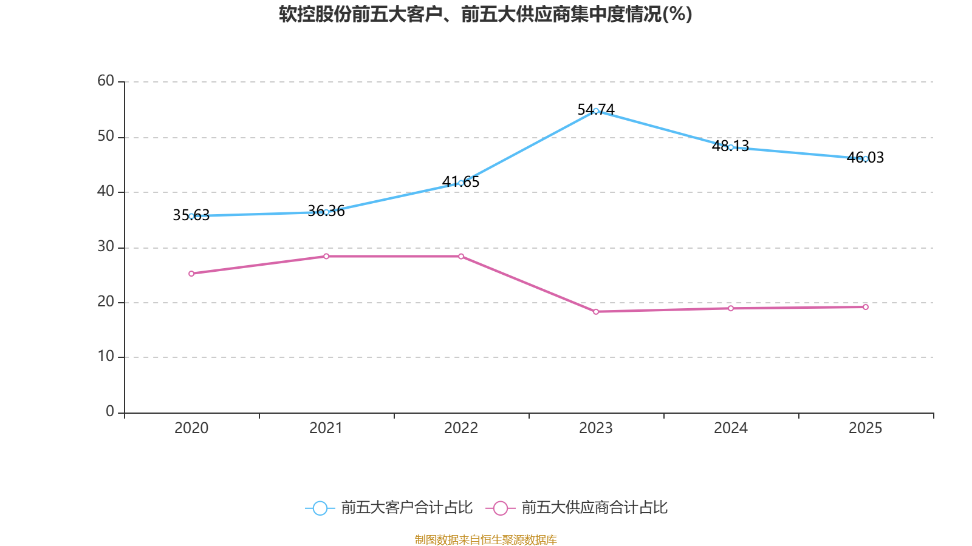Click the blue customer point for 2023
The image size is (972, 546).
pyautogui.click(x=596, y=111)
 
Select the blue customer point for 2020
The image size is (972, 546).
pyautogui.click(x=191, y=216)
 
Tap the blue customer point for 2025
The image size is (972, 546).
pyautogui.click(x=866, y=159)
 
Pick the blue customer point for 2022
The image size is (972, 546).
pyautogui.click(x=461, y=183)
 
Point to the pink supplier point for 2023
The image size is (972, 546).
pyautogui.click(x=596, y=312)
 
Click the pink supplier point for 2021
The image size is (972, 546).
pyautogui.click(x=326, y=256)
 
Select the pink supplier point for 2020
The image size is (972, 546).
pyautogui.click(x=191, y=274)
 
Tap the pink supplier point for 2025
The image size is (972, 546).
pyautogui.click(x=866, y=307)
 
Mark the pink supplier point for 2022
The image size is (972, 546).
pyautogui.click(x=461, y=256)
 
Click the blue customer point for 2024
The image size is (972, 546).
pyautogui.click(x=731, y=147)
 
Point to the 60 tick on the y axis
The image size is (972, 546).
pyautogui.click(x=106, y=81)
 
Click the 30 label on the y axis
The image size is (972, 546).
pyautogui.click(x=106, y=246)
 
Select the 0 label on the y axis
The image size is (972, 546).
pyautogui.click(x=110, y=411)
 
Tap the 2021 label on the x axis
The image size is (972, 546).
pyautogui.click(x=326, y=428)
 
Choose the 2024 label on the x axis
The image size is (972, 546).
pyautogui.click(x=731, y=428)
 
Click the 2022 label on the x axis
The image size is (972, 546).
pyautogui.click(x=461, y=428)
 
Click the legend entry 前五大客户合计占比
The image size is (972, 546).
pyautogui.click(x=389, y=508)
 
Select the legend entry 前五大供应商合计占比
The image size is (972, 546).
pyautogui.click(x=577, y=508)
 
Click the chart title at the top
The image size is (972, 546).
pyautogui.click(x=485, y=14)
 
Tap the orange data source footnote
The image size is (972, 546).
pyautogui.click(x=485, y=539)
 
